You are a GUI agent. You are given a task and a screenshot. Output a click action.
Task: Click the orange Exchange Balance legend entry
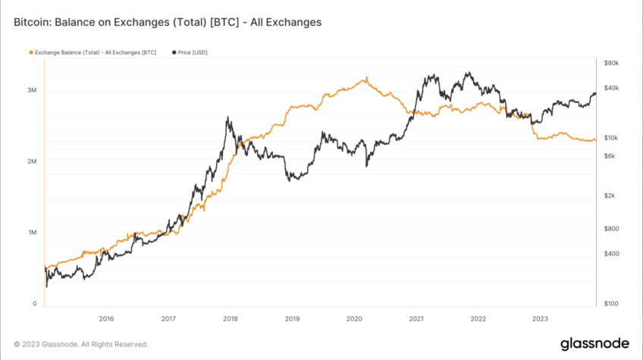(x=93, y=53)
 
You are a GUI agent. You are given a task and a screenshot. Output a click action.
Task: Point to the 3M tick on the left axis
(x=32, y=90)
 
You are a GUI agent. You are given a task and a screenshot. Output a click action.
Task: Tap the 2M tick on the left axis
(x=32, y=161)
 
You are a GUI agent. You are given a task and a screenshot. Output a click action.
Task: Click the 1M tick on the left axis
(x=32, y=233)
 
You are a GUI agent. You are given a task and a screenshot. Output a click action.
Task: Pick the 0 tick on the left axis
(x=34, y=304)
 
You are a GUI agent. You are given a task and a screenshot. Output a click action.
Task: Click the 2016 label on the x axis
(x=106, y=319)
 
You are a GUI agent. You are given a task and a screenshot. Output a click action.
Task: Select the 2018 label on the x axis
(x=230, y=319)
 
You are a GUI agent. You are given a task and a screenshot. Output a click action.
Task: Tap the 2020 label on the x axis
(x=354, y=319)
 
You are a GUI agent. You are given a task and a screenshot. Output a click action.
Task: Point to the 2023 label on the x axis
(x=540, y=319)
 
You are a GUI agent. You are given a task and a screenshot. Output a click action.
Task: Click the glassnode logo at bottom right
(x=594, y=343)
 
